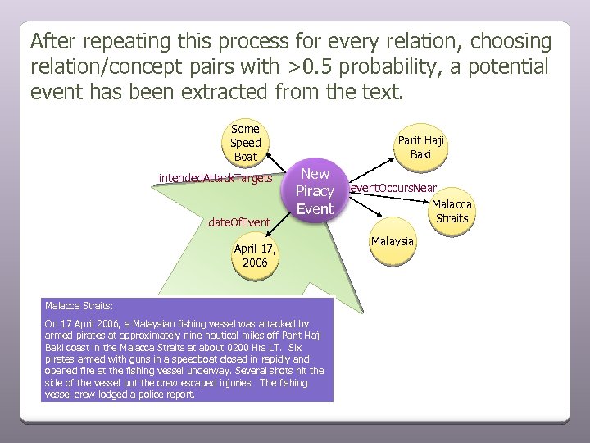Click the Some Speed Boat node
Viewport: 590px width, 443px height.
[x=245, y=142]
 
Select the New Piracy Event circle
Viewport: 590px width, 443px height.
[x=315, y=191]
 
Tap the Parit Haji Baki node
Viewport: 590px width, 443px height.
[x=420, y=147]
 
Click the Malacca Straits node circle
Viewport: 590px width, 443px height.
[x=452, y=211]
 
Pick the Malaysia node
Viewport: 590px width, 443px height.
[x=393, y=241]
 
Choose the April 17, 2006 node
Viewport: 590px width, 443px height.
[x=255, y=255]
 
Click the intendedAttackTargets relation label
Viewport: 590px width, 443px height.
[x=216, y=177]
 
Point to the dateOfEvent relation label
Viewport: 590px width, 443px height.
[x=239, y=222]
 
